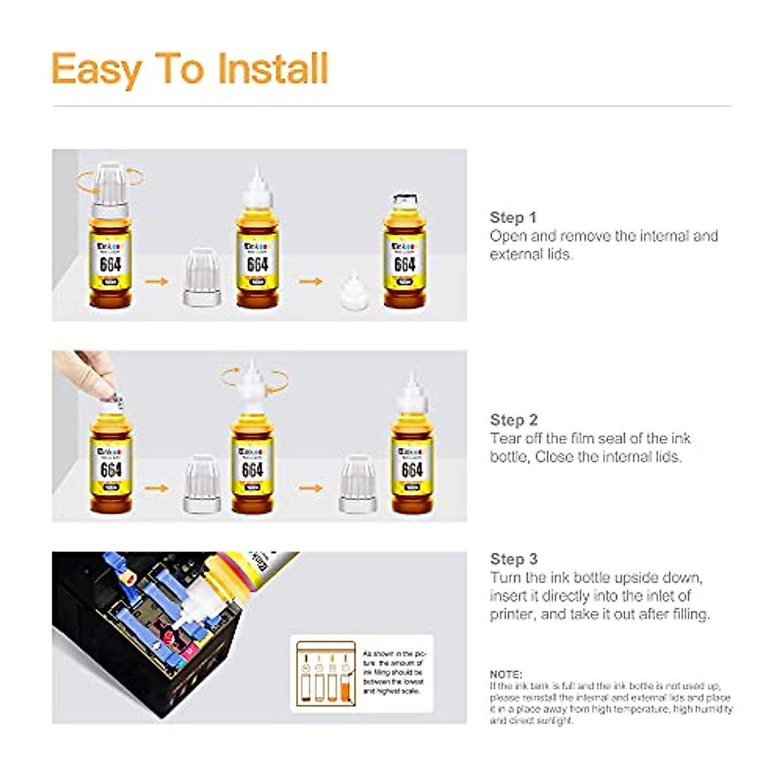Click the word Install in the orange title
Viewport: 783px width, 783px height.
pos(272,69)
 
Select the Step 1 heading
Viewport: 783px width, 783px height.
pos(513,217)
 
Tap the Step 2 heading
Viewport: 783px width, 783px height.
pos(514,420)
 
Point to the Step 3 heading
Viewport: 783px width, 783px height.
pos(514,559)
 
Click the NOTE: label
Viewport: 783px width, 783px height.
pos(506,674)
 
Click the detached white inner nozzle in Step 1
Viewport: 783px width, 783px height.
pos(353,292)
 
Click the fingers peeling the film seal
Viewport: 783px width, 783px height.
pos(88,375)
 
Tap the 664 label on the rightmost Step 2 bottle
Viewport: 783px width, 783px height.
pos(412,470)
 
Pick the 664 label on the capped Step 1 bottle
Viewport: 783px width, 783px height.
pos(110,264)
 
